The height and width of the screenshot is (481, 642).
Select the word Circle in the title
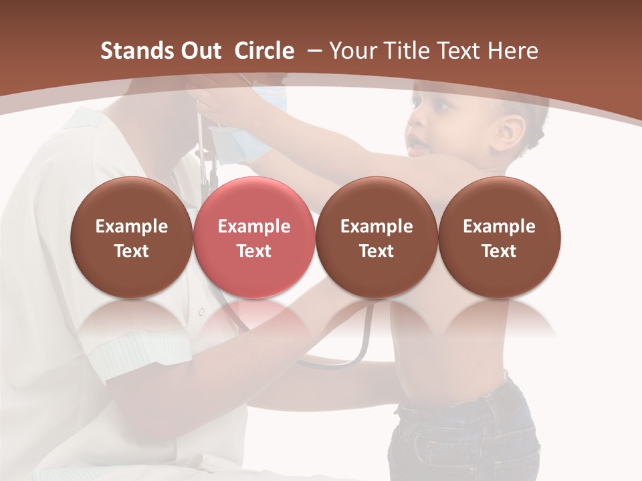coord(264,51)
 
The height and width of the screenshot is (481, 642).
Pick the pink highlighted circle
coord(253,238)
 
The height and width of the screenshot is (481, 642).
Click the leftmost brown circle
coord(131,238)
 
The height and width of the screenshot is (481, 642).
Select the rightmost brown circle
coord(499,238)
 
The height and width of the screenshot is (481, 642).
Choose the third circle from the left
coord(377,238)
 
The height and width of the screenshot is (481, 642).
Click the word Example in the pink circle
coord(254,226)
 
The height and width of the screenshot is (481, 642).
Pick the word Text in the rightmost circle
coord(499,251)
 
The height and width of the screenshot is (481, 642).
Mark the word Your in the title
coord(353,51)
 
